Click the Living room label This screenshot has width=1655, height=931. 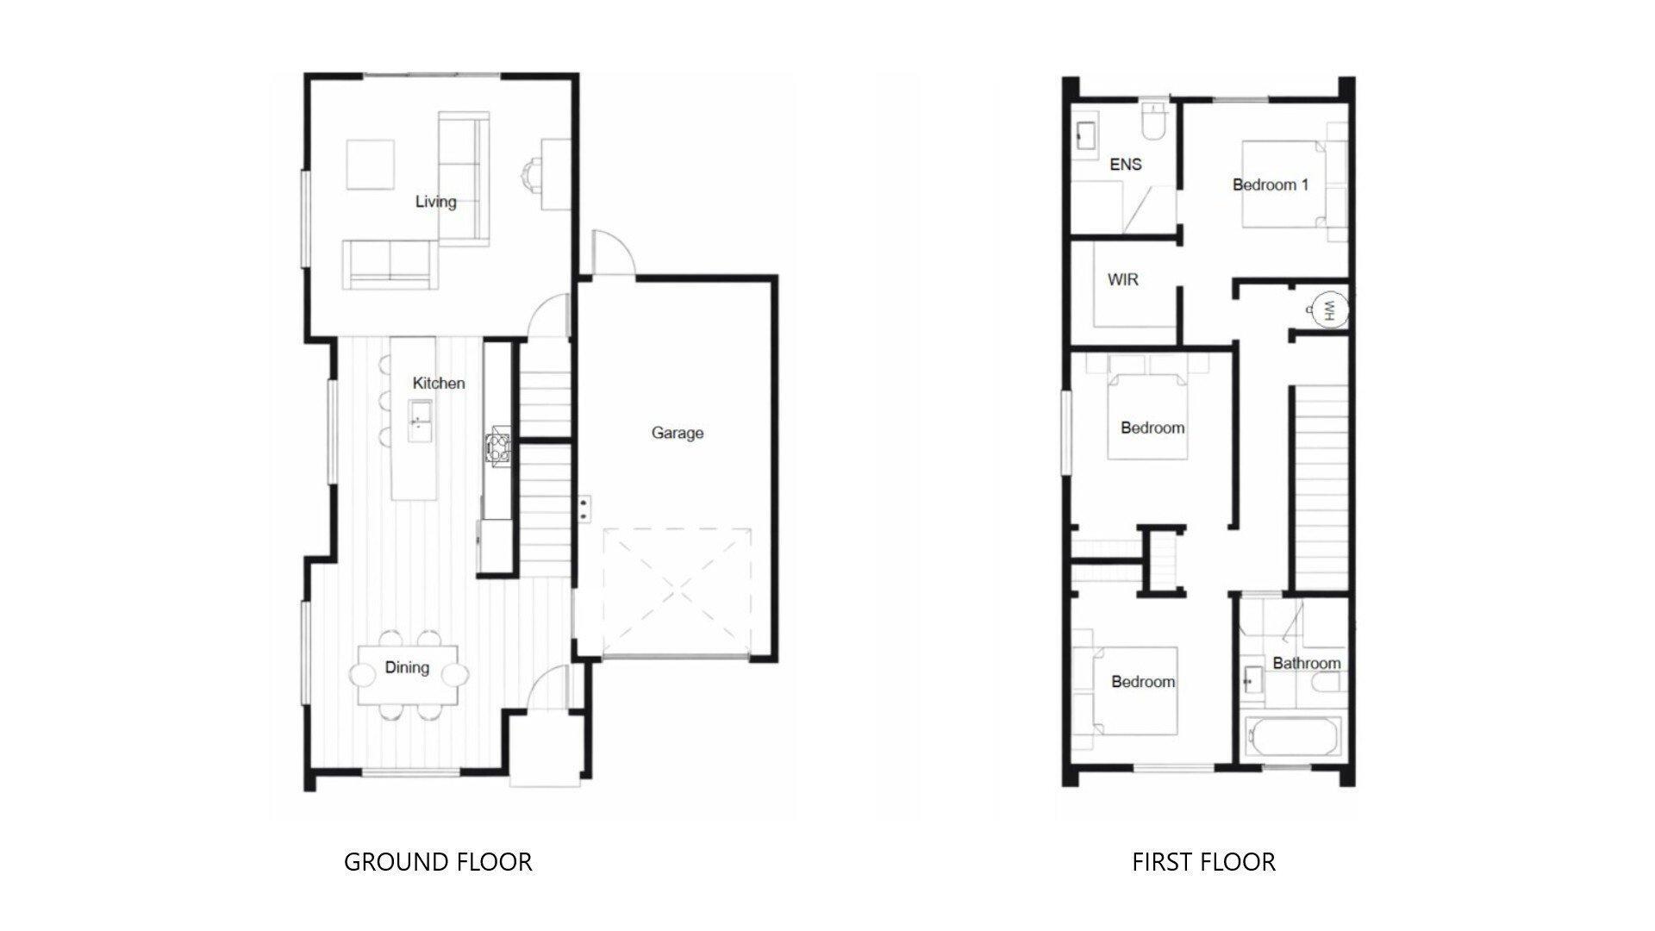[x=435, y=202]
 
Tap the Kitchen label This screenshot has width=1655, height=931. [x=438, y=383]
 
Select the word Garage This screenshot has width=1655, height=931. [x=677, y=433]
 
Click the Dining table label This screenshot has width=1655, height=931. [x=407, y=667]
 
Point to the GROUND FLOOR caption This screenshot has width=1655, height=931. [x=438, y=861]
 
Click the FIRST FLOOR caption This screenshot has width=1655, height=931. [x=1203, y=861]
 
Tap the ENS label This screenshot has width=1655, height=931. [x=1125, y=164]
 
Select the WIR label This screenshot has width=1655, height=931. [x=1122, y=279]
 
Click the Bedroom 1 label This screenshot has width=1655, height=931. [x=1270, y=184]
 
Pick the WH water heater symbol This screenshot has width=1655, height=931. [x=1326, y=309]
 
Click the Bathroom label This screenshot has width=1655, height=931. [x=1306, y=663]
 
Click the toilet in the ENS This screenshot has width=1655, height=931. [x=1152, y=123]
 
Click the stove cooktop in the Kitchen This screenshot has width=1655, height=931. [x=499, y=447]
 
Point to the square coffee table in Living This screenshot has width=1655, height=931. [x=371, y=164]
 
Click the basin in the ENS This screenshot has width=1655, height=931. [x=1085, y=135]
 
